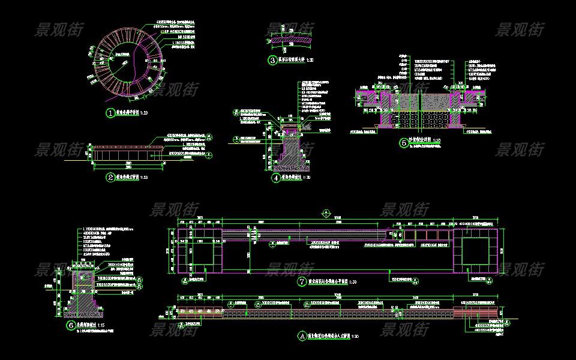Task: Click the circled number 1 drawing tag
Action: pyautogui.click(x=110, y=113)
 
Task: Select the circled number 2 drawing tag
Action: pyautogui.click(x=110, y=178)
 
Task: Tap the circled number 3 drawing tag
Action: pyautogui.click(x=272, y=60)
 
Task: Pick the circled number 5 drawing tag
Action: pyautogui.click(x=403, y=143)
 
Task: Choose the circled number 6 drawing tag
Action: pyautogui.click(x=71, y=326)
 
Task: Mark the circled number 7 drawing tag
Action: pyautogui.click(x=302, y=281)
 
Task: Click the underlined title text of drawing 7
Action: pyautogui.click(x=328, y=281)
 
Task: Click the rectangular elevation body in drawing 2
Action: pyautogui.click(x=127, y=155)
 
